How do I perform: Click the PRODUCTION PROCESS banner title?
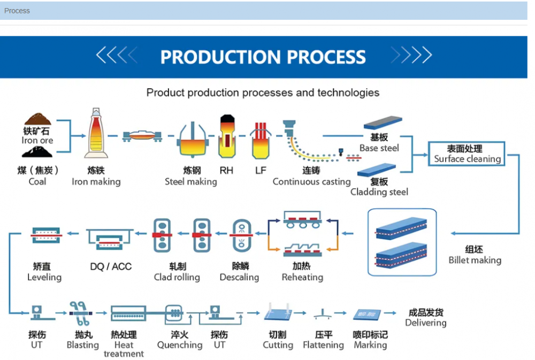pyautogui.click(x=263, y=57)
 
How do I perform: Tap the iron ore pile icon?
pyautogui.click(x=37, y=119)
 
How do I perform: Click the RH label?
pyautogui.click(x=226, y=171)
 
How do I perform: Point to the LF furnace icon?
pyautogui.click(x=261, y=140)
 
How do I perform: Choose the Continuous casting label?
pyautogui.click(x=311, y=181)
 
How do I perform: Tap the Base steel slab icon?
pyautogui.click(x=383, y=124)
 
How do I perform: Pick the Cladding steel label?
pyautogui.click(x=379, y=192)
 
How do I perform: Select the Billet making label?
pyautogui.click(x=475, y=261)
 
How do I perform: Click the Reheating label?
pyautogui.click(x=302, y=277)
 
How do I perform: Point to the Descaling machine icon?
pyautogui.click(x=241, y=235)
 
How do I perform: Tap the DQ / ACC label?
pyautogui.click(x=111, y=266)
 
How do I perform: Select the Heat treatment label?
pyautogui.click(x=124, y=349)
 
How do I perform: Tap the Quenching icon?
pyautogui.click(x=173, y=313)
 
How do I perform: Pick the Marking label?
pyautogui.click(x=370, y=345)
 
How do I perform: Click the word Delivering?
pyautogui.click(x=425, y=323)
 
